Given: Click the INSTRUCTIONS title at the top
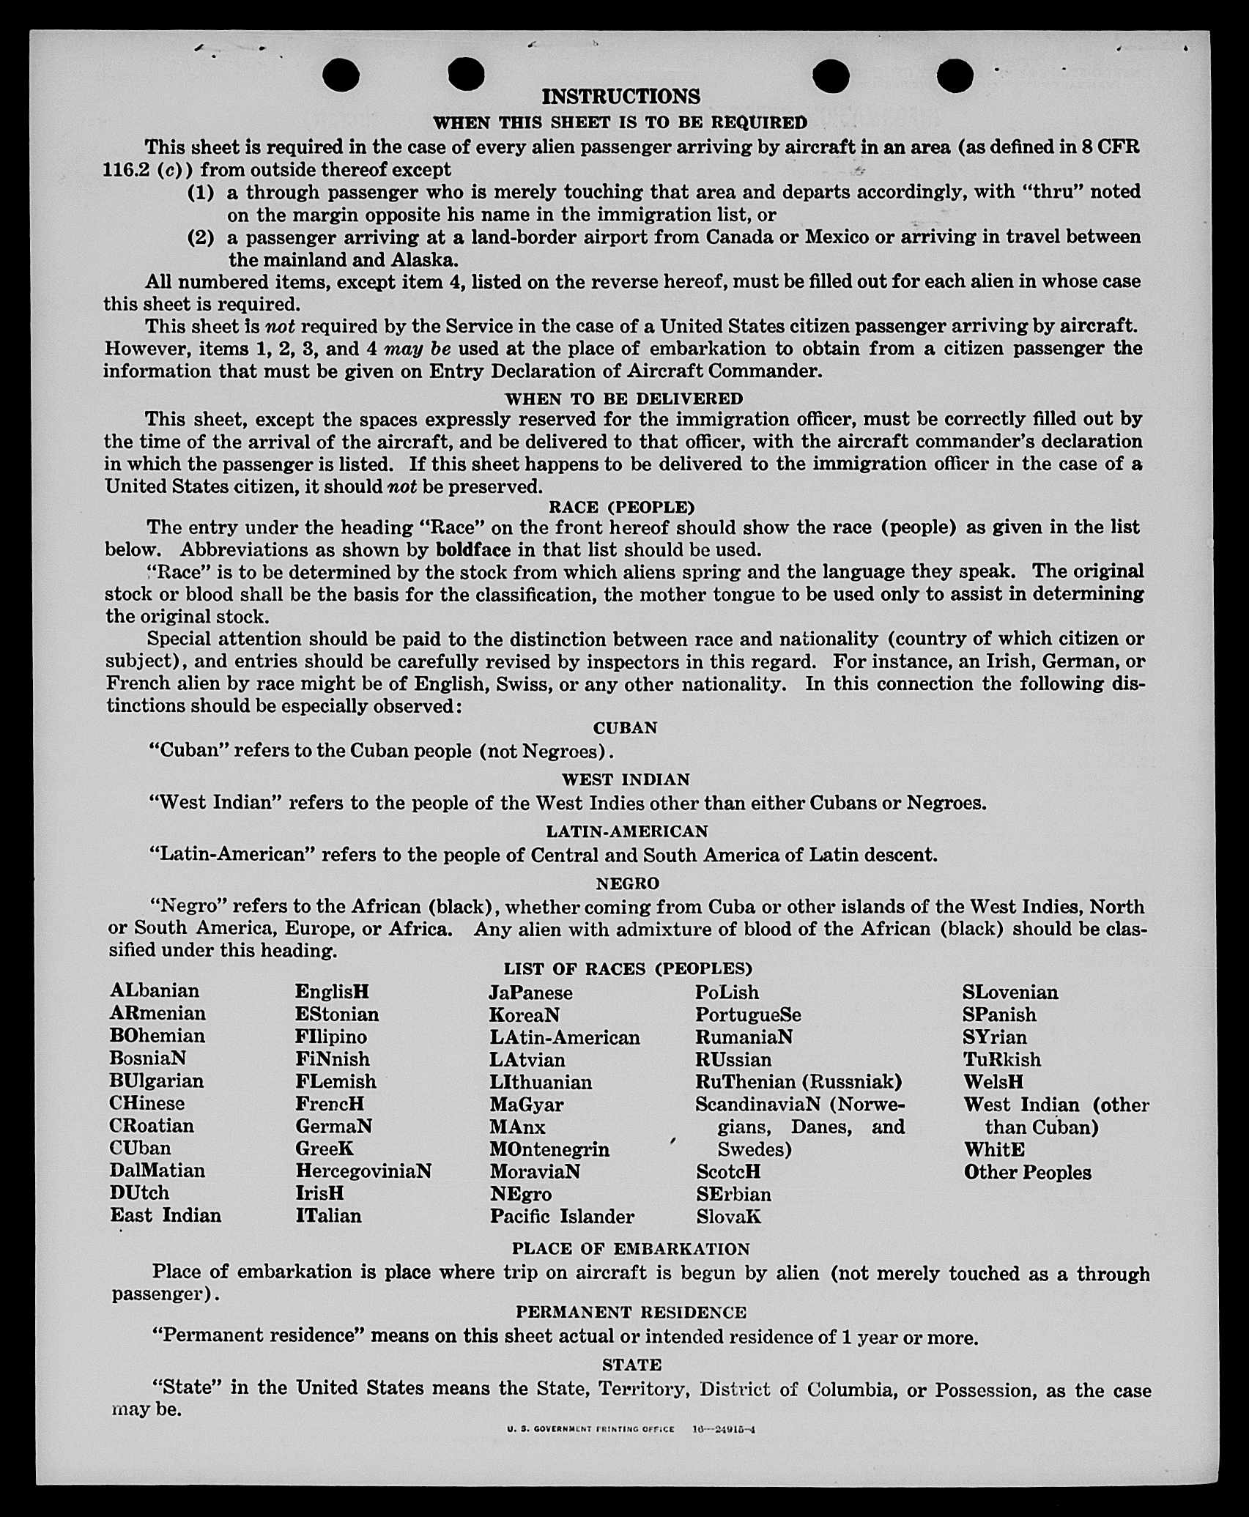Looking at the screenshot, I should pos(620,97).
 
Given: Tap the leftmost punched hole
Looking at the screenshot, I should pos(341,75).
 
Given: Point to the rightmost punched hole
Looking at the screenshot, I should pos(955,75).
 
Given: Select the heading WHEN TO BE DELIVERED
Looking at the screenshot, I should pos(623,398).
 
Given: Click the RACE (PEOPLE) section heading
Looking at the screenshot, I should pos(621,507).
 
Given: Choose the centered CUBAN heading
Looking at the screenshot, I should pos(625,727).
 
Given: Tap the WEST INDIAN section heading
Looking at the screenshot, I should pos(626,779).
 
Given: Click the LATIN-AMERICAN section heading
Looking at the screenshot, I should pos(626,831).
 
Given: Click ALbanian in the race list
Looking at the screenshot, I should pos(155,991).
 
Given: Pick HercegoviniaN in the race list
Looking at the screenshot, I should pos(363,1171).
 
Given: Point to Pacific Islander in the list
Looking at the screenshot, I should pos(562,1217).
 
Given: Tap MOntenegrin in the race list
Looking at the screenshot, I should pos(549,1149).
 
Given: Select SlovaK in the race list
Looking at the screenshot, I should pos(729,1217).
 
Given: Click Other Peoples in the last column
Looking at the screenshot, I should pos(1027,1172).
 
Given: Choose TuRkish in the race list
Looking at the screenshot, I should pos(1001,1059).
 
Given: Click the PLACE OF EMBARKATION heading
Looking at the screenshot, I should pos(631,1249).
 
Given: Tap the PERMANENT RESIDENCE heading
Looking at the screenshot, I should pos(631,1312).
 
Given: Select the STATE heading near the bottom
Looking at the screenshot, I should pos(631,1365).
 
